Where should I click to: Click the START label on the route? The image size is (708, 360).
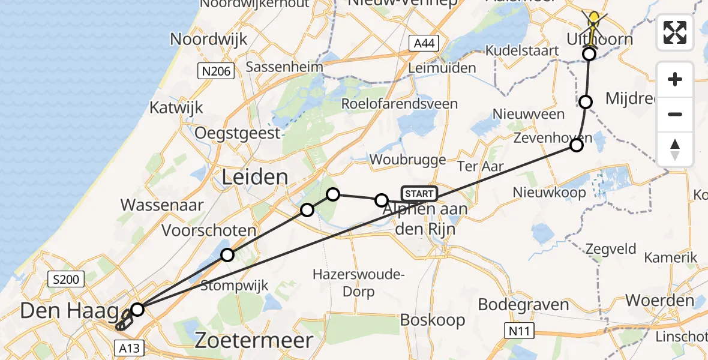point(419,194)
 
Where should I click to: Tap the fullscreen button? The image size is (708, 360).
point(675,32)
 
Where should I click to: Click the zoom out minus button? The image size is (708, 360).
point(675,114)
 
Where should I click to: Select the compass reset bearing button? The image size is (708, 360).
point(675,149)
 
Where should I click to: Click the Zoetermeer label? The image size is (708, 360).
point(254,341)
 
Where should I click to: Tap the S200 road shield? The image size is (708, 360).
point(67,279)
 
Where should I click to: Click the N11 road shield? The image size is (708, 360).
point(517,329)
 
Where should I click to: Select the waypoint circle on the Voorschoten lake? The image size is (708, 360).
point(227,255)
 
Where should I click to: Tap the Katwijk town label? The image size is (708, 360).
point(176,108)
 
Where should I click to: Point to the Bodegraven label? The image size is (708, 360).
point(523,304)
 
